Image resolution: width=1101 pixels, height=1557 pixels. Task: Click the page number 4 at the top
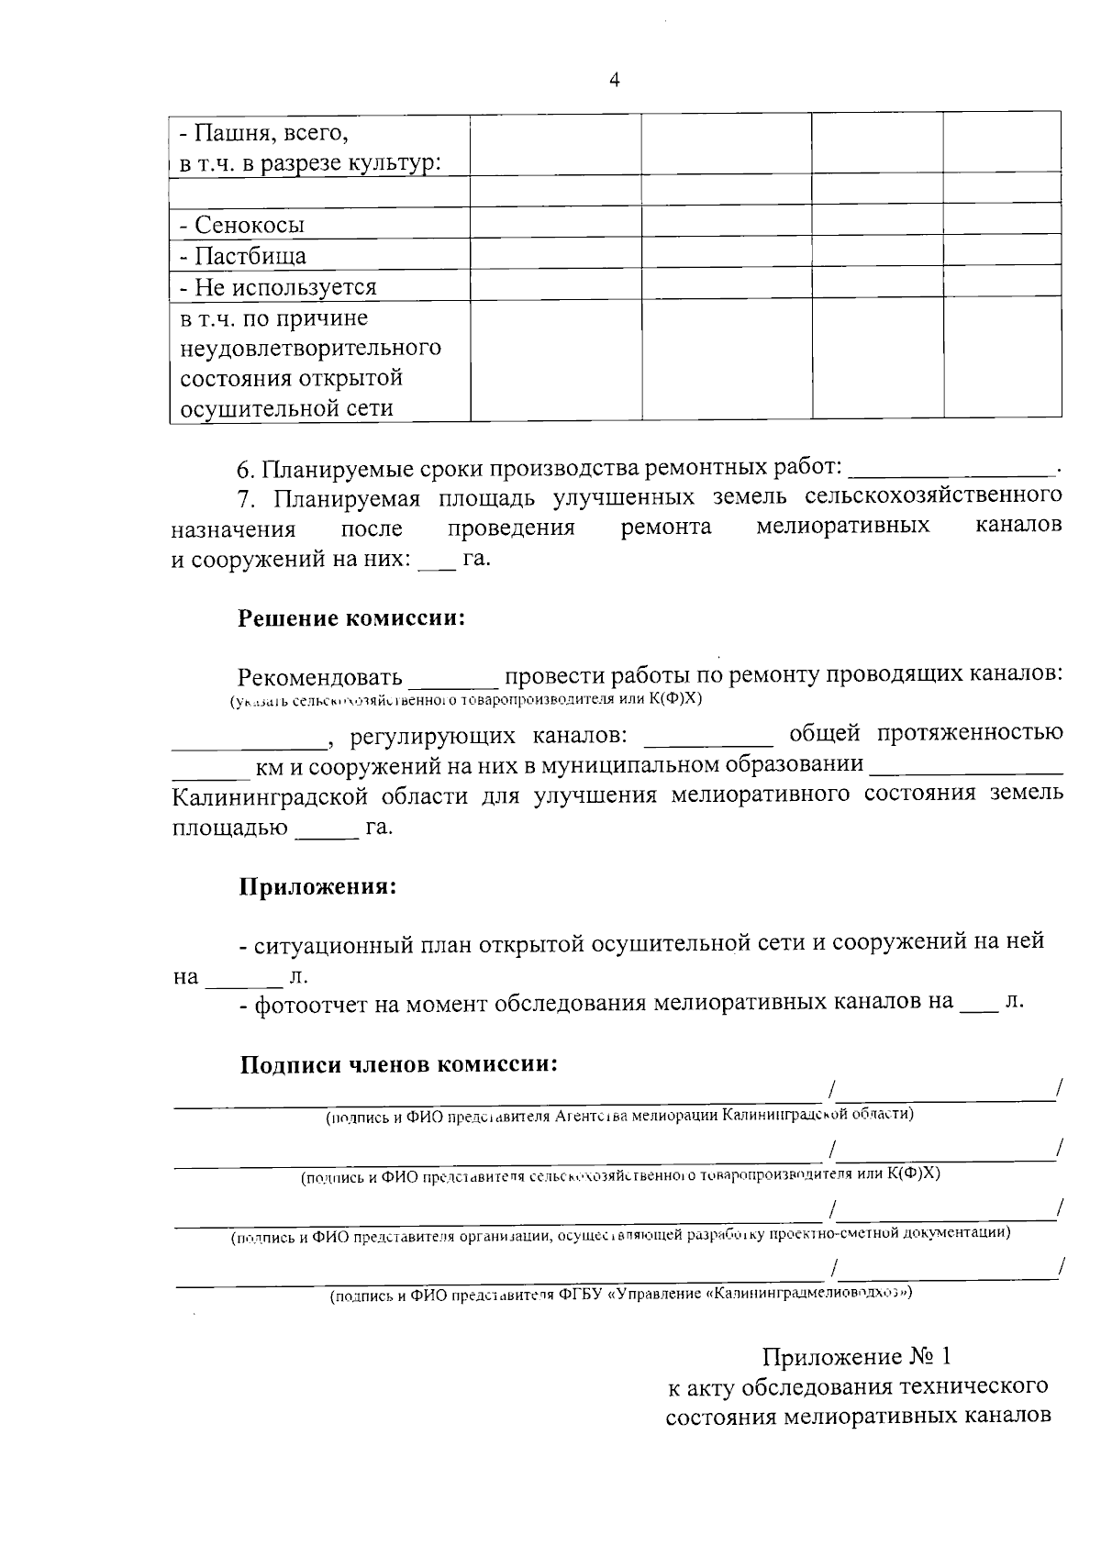point(615,81)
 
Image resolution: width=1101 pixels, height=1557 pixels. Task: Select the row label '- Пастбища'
point(242,256)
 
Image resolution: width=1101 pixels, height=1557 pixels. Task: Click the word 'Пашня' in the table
point(227,134)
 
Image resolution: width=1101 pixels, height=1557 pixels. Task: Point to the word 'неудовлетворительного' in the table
point(310,349)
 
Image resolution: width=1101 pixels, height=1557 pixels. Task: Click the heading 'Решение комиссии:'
point(352,618)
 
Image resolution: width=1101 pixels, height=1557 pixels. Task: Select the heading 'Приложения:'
point(317,888)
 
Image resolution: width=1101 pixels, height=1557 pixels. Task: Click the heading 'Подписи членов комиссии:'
point(399,1065)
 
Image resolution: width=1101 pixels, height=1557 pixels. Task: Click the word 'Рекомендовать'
point(319,677)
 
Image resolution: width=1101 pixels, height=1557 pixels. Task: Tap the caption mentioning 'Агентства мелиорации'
point(620,1116)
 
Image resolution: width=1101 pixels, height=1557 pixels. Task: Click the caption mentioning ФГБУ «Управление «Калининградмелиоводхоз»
point(621,1295)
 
